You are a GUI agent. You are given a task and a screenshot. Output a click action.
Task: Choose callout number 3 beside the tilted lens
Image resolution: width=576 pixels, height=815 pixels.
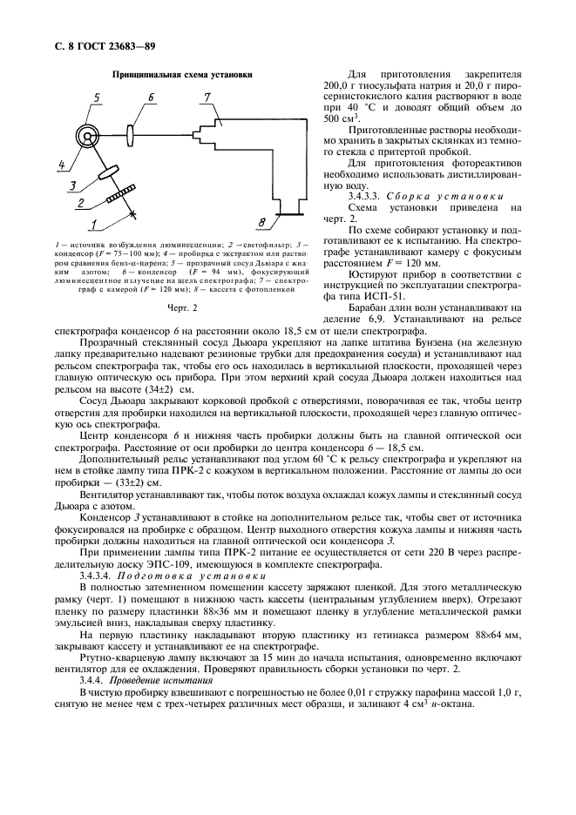[76, 185]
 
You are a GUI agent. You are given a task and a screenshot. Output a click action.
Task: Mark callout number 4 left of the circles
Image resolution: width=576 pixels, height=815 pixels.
[63, 163]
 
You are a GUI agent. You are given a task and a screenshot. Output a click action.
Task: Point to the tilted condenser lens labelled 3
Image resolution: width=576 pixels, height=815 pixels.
[108, 169]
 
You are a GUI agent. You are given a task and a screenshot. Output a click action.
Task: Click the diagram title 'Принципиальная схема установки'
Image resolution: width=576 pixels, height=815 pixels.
[181, 75]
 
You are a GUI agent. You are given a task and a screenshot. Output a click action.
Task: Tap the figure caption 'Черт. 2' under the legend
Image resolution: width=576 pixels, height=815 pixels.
[180, 308]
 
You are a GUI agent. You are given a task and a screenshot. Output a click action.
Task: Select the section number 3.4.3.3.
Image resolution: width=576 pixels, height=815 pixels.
[368, 196]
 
